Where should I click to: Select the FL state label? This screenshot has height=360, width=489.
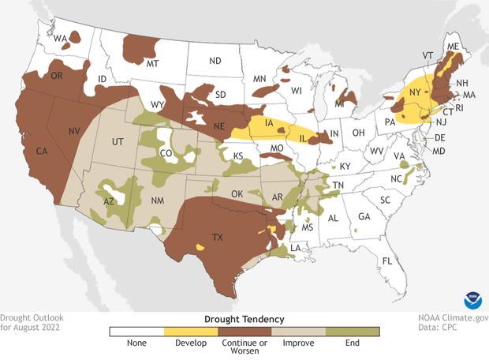coord(386,261)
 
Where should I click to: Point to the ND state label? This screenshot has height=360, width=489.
coord(215,61)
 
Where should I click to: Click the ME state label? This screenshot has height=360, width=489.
coord(452,47)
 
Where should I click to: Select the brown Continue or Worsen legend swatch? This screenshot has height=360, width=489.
coord(244,332)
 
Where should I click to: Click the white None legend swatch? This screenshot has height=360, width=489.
coord(136,332)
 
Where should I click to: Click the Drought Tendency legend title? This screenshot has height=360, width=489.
coord(244,318)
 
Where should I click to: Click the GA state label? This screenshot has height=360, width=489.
coord(364,217)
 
